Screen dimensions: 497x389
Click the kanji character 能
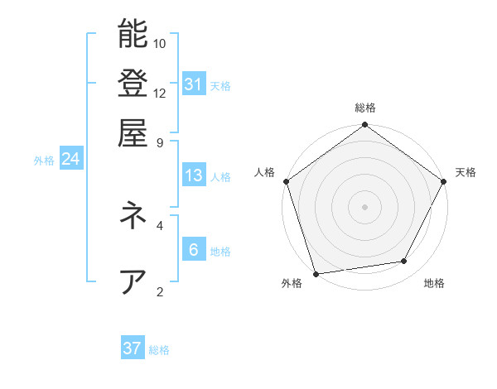tap(133, 34)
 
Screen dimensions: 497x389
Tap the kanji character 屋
tap(133, 132)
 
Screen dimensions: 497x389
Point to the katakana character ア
tap(133, 281)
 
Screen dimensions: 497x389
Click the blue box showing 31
tap(193, 84)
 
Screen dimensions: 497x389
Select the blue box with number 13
tap(193, 175)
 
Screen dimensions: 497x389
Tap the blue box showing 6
tap(193, 249)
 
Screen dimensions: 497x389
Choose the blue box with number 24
tap(70, 159)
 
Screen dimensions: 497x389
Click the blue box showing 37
tap(133, 348)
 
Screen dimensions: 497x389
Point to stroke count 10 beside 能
tap(160, 43)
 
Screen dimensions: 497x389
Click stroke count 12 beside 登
tap(160, 93)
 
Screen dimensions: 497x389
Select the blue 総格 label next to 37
tap(159, 350)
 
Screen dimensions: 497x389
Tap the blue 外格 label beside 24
tap(44, 161)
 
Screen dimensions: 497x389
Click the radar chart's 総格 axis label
tap(364, 108)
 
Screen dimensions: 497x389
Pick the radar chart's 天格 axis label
tap(466, 172)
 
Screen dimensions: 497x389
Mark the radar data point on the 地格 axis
tap(404, 262)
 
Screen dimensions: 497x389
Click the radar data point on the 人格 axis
tap(286, 181)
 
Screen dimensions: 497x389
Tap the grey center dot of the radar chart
tap(364, 206)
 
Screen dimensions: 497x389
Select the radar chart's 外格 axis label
tap(292, 284)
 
